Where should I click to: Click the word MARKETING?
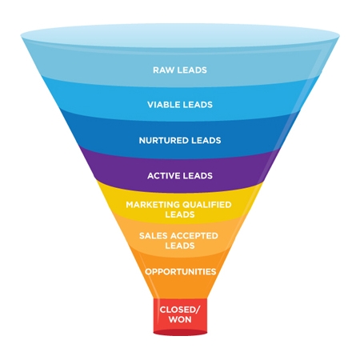coord(154,205)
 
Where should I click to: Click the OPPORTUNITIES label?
coord(180,271)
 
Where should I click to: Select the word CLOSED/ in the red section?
coord(180,309)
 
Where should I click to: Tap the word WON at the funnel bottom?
coord(180,320)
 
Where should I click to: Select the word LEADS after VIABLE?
coord(198,105)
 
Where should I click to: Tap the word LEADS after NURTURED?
coord(205,140)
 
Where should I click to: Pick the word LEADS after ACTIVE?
coord(197,174)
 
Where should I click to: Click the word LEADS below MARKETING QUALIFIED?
coord(180,214)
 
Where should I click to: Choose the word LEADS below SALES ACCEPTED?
coord(180,246)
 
